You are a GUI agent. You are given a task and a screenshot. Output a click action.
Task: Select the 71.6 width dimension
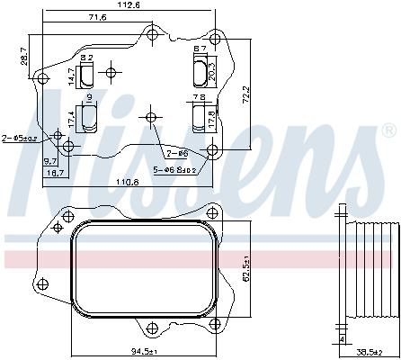pos(98,17)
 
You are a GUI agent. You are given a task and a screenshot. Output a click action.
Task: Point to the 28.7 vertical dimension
pos(23,57)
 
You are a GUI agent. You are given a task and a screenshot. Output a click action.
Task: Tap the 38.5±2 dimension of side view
pos(366,351)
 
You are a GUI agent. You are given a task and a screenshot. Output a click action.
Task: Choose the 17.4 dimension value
pos(72,117)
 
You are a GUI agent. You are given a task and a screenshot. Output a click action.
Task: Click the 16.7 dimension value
pos(55,172)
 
